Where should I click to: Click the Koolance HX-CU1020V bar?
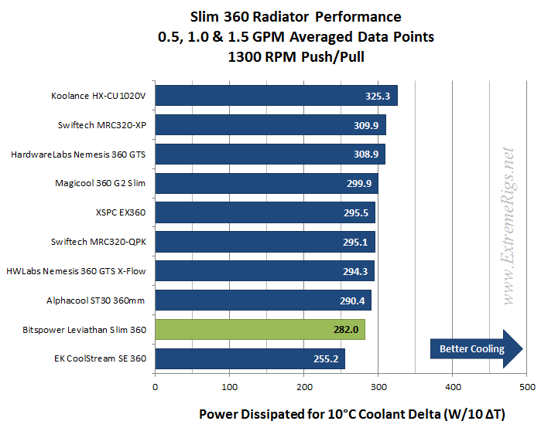(x=276, y=96)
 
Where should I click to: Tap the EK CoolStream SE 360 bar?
(x=250, y=359)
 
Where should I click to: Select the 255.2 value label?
(x=328, y=359)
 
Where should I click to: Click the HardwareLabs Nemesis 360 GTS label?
(x=78, y=154)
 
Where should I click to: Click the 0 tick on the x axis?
(x=156, y=385)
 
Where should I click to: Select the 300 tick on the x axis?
(x=378, y=385)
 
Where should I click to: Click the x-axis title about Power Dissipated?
(x=352, y=415)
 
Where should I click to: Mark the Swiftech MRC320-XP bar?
(x=271, y=125)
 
